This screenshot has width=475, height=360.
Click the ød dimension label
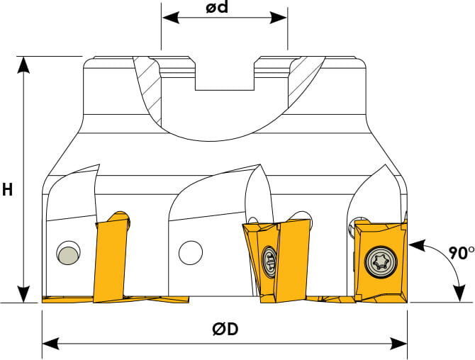pyautogui.click(x=217, y=7)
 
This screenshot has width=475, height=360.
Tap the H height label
pyautogui.click(x=7, y=190)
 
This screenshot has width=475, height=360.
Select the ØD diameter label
pyautogui.click(x=225, y=329)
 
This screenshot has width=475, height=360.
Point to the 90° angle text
pyautogui.click(x=461, y=253)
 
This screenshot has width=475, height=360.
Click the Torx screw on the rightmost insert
pyautogui.click(x=381, y=261)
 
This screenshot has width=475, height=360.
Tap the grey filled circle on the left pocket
pyautogui.click(x=69, y=256)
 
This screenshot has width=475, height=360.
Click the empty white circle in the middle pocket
pyautogui.click(x=191, y=253)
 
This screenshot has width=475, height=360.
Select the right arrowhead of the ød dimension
pyautogui.click(x=279, y=18)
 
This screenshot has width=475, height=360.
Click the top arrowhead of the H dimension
pyautogui.click(x=23, y=64)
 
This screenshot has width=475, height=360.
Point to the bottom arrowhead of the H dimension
pyautogui.click(x=23, y=293)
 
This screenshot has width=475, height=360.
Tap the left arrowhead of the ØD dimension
pyautogui.click(x=50, y=344)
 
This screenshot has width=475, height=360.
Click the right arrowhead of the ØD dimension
pyautogui.click(x=398, y=344)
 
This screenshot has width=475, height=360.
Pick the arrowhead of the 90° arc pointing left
pyautogui.click(x=418, y=244)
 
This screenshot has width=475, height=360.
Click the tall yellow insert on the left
pyautogui.click(x=111, y=257)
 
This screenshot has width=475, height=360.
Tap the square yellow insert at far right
pyautogui.click(x=381, y=261)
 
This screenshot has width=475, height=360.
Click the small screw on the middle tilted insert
pyautogui.click(x=269, y=261)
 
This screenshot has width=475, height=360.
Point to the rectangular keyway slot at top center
pyautogui.click(x=225, y=74)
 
